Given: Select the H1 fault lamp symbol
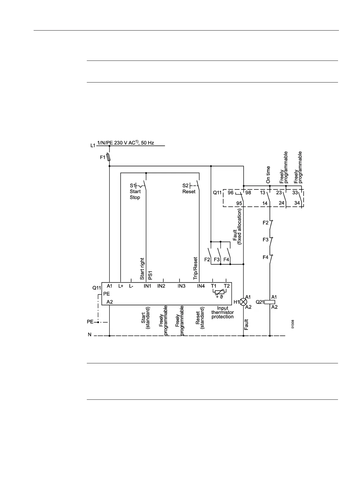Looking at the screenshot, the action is (243, 302).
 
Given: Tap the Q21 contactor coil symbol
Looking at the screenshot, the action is (270, 302).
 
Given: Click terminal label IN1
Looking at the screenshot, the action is (148, 286).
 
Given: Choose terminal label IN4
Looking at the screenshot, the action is (201, 286).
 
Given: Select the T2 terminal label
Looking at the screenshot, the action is (226, 286).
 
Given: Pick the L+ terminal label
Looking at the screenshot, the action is (121, 286).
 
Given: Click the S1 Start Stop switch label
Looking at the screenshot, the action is (135, 192).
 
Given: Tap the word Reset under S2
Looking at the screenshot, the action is (189, 192).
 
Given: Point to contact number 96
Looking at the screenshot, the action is (231, 193).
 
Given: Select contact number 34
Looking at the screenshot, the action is (297, 203).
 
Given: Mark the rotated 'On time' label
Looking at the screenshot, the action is (268, 175).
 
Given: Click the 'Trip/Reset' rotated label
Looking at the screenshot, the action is (196, 268).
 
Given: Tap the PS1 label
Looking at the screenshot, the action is (150, 275).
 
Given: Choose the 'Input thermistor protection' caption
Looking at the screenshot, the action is (222, 313).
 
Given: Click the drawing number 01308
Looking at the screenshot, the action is (292, 324).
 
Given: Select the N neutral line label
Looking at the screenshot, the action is (90, 335).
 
